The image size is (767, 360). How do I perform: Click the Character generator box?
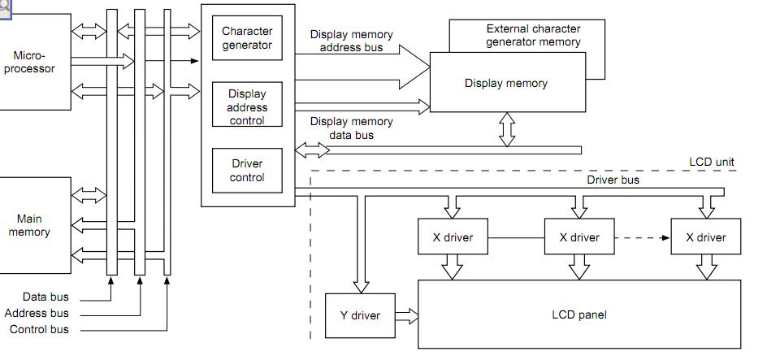coord(247,38)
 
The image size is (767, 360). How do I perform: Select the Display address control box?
coord(247,106)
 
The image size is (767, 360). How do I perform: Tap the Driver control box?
coord(247,171)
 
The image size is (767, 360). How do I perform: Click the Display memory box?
coord(506,83)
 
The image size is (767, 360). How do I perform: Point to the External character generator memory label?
coord(533,35)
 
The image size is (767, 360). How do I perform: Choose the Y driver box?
coord(360,315)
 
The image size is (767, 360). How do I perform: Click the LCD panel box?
coord(578,314)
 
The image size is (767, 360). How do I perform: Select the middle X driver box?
coord(579,238)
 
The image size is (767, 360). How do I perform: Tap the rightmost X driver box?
coord(706,238)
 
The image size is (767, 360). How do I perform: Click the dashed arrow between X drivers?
coord(643,238)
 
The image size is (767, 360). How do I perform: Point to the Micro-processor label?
coord(35,62)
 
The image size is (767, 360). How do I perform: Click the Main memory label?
coord(29,225)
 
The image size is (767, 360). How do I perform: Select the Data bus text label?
coord(45,297)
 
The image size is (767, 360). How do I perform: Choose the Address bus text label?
coord(37,313)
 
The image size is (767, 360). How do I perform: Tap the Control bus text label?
coord(39,329)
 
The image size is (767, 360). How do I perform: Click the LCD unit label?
coord(712,162)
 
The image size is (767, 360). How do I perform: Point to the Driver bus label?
coord(613,180)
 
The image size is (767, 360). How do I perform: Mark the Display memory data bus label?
coord(351,128)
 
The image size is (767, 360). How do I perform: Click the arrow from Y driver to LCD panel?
coord(405,315)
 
